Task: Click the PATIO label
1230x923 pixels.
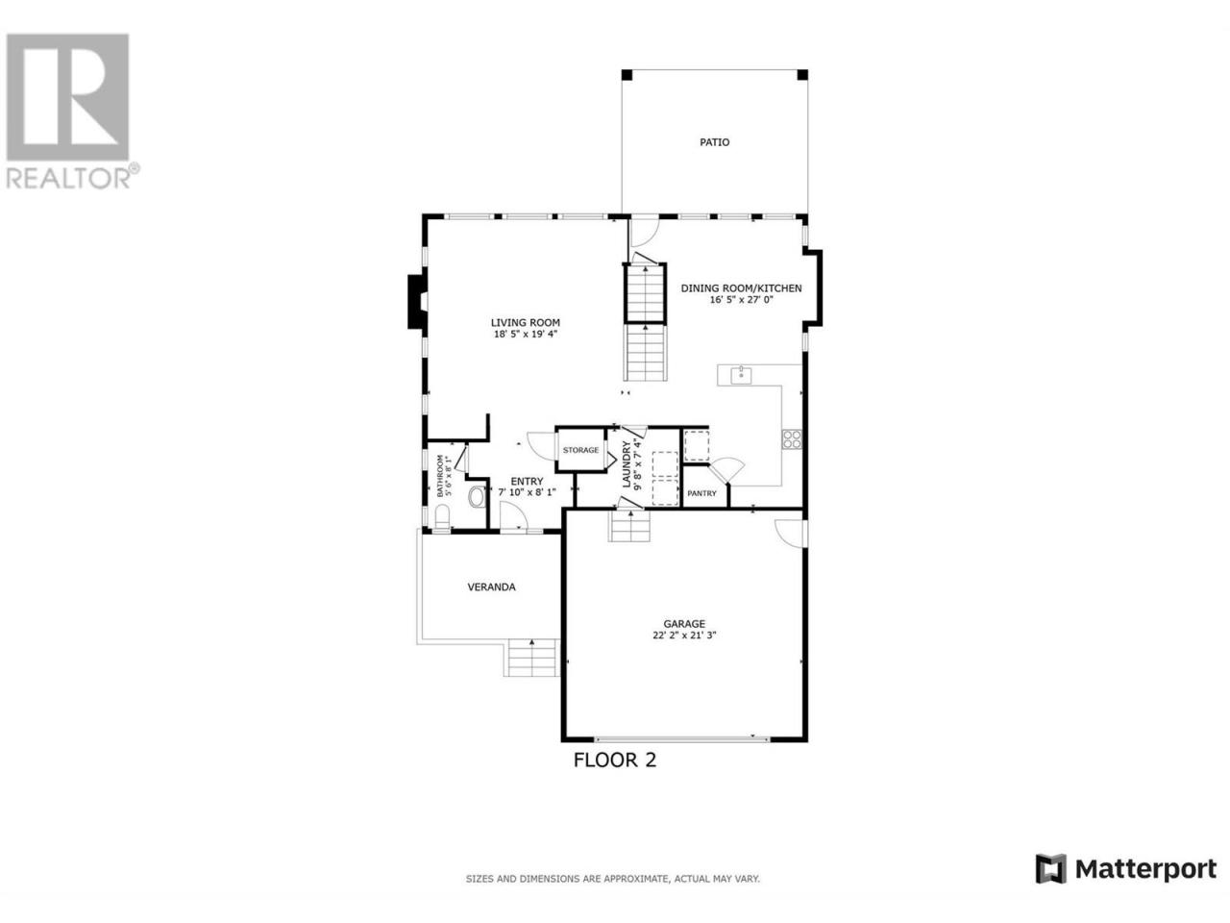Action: (x=715, y=142)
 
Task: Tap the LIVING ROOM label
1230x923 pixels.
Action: (x=525, y=323)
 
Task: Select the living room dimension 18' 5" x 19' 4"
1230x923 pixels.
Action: (x=525, y=335)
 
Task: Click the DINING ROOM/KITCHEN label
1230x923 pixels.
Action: (x=741, y=288)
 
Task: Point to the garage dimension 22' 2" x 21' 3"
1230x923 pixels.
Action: (x=684, y=636)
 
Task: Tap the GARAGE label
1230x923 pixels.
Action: (x=684, y=624)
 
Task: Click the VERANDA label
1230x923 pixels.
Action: (x=491, y=587)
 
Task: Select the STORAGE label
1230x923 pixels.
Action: (x=580, y=450)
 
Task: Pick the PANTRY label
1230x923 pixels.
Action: (x=701, y=493)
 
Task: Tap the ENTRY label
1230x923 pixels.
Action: (x=527, y=481)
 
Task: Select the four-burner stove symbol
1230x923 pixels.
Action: (x=792, y=439)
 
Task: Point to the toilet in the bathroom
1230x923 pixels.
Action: (x=442, y=517)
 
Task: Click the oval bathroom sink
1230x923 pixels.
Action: (x=477, y=497)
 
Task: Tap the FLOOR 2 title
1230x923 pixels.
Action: (x=614, y=760)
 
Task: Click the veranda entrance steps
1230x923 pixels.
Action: (x=531, y=658)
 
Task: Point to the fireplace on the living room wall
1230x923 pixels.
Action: (x=416, y=302)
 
